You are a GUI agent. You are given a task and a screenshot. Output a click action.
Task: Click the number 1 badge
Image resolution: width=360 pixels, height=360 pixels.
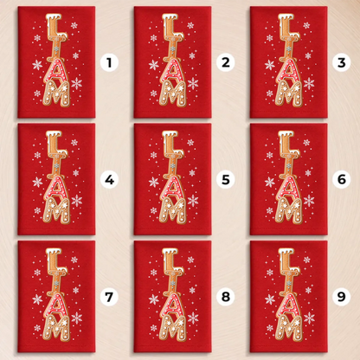[x=109, y=62]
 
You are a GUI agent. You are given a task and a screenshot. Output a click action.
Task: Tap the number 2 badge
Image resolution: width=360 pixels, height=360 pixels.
[x=226, y=62]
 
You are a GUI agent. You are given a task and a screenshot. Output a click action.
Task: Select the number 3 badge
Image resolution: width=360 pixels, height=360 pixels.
[x=342, y=62]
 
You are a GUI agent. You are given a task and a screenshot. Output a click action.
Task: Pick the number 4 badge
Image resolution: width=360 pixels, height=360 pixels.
[x=109, y=180]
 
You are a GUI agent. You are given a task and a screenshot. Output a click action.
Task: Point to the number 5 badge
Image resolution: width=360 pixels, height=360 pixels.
[x=226, y=180]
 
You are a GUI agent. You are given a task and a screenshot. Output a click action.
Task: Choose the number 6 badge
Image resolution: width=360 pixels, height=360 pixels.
[x=342, y=180]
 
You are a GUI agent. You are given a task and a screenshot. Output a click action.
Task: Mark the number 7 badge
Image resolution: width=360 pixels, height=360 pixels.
[x=109, y=297]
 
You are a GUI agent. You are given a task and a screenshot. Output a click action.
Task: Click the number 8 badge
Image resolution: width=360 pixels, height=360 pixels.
[x=226, y=297]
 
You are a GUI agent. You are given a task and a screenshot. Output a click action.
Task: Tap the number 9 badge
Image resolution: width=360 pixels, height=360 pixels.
[x=342, y=297]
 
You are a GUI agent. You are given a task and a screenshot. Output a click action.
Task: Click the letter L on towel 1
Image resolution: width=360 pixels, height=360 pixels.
[x=55, y=25]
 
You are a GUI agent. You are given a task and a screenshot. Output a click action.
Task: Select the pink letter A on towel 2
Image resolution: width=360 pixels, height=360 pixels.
[x=172, y=71]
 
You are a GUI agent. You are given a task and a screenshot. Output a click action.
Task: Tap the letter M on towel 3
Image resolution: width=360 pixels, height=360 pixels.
[x=289, y=93]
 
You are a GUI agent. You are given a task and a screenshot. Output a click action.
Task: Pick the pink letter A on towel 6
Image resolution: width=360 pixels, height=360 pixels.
[x=288, y=188]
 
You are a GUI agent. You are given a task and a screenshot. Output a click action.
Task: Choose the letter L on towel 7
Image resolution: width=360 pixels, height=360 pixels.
[x=55, y=260]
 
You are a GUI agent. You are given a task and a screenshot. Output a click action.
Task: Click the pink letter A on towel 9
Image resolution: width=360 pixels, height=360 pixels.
[x=288, y=305]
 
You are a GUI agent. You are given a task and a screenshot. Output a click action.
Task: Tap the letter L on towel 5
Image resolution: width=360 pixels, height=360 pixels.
[x=171, y=143]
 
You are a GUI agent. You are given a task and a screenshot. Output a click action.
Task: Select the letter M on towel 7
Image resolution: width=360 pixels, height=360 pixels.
[x=56, y=328]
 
